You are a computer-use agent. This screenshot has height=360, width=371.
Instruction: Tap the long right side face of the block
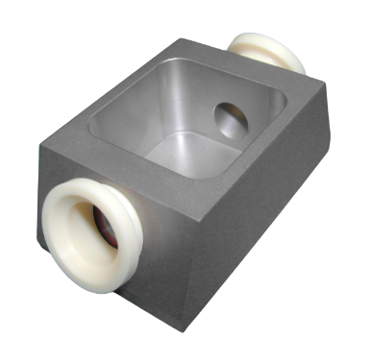click(x=260, y=221)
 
